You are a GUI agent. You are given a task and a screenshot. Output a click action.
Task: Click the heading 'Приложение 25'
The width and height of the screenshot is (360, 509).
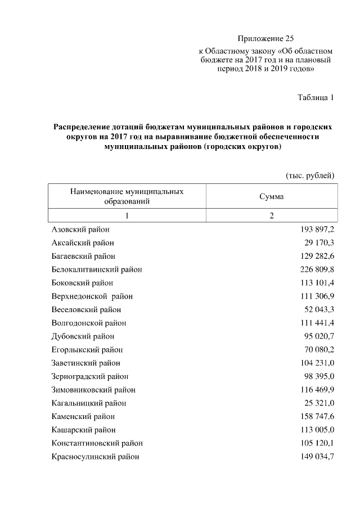(x=266, y=39)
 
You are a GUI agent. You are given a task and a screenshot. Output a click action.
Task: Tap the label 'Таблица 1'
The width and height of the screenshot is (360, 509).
(x=316, y=98)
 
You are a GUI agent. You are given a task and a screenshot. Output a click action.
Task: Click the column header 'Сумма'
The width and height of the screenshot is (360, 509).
(x=271, y=197)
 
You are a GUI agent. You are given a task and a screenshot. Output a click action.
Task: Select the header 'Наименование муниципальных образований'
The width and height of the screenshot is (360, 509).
(x=127, y=196)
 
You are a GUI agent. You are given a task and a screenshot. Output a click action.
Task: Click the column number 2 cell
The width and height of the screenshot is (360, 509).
(x=271, y=217)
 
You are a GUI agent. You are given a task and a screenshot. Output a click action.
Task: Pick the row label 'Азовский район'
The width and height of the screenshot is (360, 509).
(x=80, y=229)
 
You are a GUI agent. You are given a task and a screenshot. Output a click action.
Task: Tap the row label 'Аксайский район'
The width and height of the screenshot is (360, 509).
(x=83, y=243)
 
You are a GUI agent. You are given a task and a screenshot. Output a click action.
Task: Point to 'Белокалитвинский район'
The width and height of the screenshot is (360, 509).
(x=97, y=269)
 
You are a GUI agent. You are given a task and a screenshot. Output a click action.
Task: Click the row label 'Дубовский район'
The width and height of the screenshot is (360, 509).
(x=83, y=336)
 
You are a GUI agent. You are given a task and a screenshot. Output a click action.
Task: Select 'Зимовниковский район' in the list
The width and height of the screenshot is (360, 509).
(x=93, y=389)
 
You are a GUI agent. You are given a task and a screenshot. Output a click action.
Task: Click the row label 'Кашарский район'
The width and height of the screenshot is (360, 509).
(x=83, y=430)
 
